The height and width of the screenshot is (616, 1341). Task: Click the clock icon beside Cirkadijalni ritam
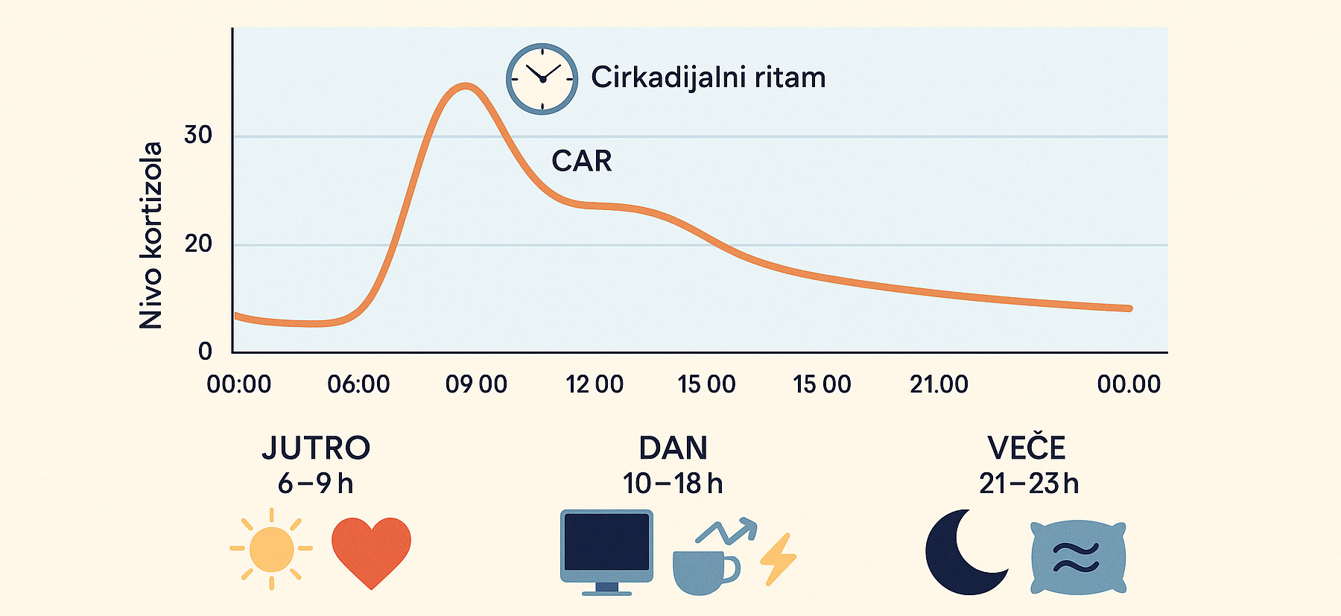coord(542,79)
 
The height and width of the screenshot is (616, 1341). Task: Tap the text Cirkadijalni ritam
coord(708,77)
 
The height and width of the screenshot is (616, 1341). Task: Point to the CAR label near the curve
coord(581,161)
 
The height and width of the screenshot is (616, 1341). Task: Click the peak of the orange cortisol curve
coord(466,86)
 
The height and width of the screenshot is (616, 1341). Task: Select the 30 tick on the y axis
coord(198,135)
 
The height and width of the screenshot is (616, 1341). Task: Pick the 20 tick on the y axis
coord(198,244)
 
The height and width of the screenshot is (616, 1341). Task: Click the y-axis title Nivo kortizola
coord(150,235)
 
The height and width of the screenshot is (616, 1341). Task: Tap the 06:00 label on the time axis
coord(358,384)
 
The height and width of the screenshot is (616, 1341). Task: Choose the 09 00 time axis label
coord(476,384)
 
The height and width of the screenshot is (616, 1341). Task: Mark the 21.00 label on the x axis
coord(939,384)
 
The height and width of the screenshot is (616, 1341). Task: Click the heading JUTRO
coord(316,448)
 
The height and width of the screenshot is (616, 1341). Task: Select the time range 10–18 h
coord(673,484)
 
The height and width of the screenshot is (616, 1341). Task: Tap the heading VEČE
coord(1027,448)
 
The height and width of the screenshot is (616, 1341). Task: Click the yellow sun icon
coord(271,549)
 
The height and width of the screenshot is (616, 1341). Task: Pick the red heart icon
coord(371,552)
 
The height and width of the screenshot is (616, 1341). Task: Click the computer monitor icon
coord(606,552)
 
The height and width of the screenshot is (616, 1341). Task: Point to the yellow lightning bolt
coord(779,559)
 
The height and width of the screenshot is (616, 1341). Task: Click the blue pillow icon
coord(1078,557)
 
